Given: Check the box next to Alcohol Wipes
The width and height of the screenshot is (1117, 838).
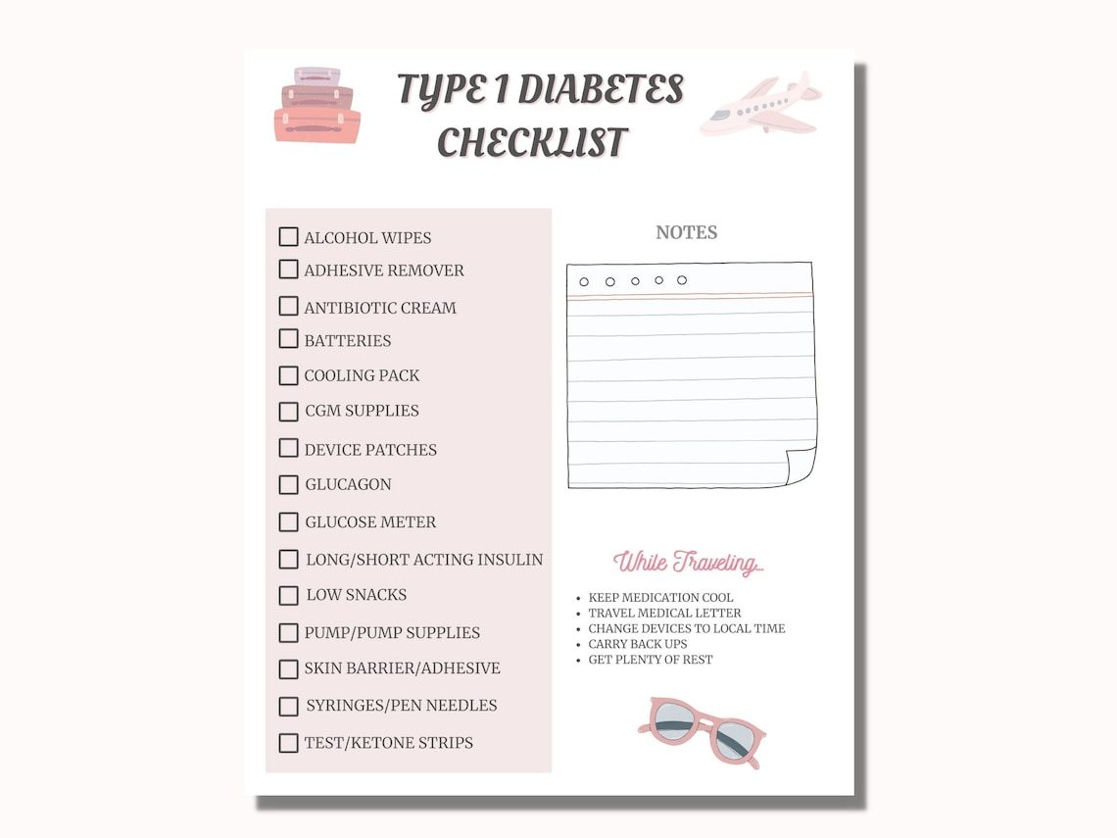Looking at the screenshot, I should [288, 236].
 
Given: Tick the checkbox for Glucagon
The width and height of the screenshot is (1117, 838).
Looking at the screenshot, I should [288, 484].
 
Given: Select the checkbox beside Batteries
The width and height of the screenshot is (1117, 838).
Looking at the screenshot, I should [288, 339].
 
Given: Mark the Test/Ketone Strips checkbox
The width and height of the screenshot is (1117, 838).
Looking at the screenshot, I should [288, 743].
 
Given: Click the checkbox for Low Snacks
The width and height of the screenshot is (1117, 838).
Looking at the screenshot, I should [288, 595].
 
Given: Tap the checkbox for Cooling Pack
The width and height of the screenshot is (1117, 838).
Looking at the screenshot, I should [288, 375].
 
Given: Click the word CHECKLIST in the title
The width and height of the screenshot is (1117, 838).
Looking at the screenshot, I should [532, 142].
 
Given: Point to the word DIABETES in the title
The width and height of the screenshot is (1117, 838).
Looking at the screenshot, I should [600, 89].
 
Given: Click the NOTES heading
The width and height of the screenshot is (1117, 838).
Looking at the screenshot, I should [686, 232].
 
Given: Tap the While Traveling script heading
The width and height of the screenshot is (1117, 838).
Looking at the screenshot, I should [688, 563].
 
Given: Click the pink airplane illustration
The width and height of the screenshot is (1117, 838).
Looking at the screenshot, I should [760, 104].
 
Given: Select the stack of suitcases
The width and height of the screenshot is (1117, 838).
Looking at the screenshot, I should [316, 106].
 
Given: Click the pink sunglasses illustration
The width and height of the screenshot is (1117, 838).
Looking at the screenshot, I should [702, 731].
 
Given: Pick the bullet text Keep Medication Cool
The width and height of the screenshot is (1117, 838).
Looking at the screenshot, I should [660, 597].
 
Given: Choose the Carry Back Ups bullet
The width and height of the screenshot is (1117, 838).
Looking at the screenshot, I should [638, 644].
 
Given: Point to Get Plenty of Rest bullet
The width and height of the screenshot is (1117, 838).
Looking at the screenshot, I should [651, 660].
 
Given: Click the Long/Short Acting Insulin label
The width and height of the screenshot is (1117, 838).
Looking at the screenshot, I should [424, 560].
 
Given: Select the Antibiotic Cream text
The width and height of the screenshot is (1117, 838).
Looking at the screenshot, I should [380, 308].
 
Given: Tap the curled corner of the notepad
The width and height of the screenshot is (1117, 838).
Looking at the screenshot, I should [801, 466].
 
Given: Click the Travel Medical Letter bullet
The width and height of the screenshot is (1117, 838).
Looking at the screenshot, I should [665, 613].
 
